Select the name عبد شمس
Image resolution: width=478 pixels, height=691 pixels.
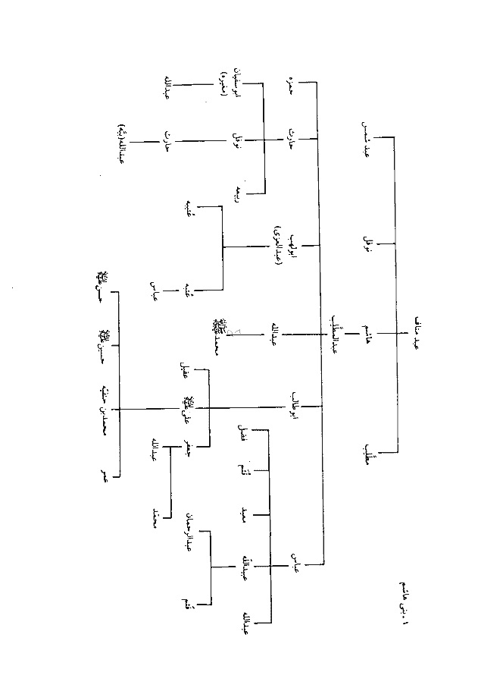tap(367, 137)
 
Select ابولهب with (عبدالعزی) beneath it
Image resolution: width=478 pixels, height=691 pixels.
tap(283, 244)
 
